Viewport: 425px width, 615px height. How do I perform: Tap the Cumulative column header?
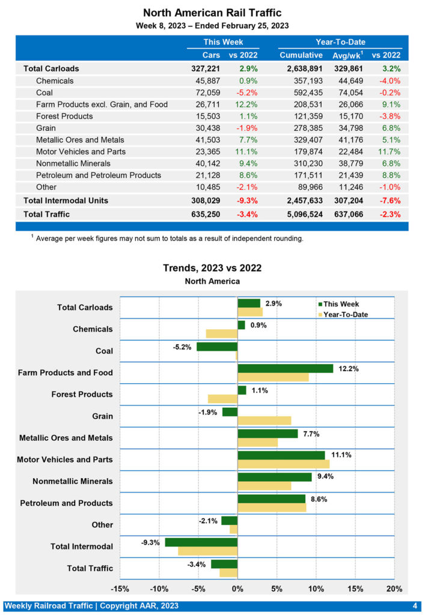pyautogui.click(x=301, y=55)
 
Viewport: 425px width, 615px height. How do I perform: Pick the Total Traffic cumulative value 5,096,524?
pyautogui.click(x=301, y=213)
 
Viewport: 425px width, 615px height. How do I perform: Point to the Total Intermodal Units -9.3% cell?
pyautogui.click(x=245, y=200)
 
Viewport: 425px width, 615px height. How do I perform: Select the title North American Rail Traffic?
pyautogui.click(x=212, y=13)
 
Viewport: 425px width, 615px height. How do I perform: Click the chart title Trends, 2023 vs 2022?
pyautogui.click(x=212, y=268)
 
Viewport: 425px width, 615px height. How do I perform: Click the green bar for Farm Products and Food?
pyautogui.click(x=286, y=368)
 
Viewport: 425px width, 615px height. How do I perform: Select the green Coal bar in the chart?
pyautogui.click(x=217, y=347)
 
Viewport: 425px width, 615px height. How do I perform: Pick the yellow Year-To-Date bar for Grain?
pyautogui.click(x=264, y=420)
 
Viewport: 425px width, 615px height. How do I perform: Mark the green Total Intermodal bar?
pyautogui.click(x=201, y=542)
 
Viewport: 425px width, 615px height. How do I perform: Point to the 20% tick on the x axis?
pyautogui.click(x=394, y=588)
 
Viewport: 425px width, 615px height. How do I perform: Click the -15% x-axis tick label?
pyautogui.click(x=120, y=588)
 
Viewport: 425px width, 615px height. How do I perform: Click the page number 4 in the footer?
pyautogui.click(x=415, y=605)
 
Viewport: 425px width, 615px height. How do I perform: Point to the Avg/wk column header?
pyautogui.click(x=346, y=55)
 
